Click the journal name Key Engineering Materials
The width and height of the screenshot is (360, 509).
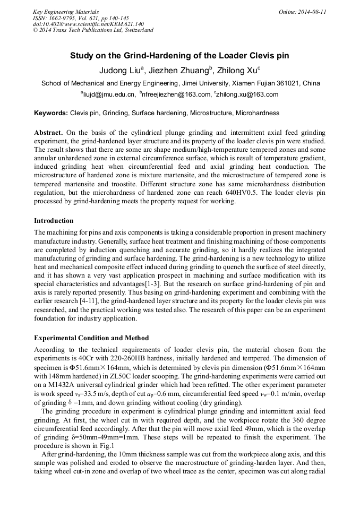pos(65,12)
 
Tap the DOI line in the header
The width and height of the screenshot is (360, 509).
pos(88,24)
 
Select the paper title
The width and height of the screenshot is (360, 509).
pos(179,56)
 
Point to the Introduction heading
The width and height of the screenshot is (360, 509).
pos(54,220)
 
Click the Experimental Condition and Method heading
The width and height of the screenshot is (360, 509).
pos(91,338)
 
